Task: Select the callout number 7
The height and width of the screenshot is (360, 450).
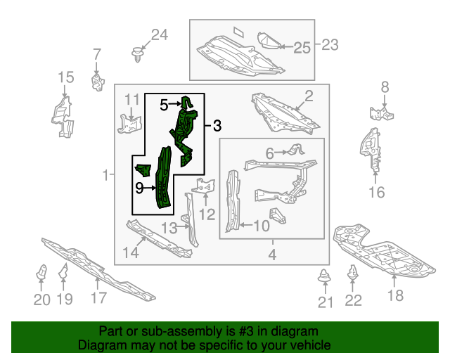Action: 97,53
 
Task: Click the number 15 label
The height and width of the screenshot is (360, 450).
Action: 65,77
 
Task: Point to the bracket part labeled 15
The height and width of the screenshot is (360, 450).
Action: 63,116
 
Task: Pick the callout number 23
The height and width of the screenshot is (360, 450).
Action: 330,45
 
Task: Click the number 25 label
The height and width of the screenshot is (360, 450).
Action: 302,47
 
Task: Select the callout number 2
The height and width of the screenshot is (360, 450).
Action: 309,96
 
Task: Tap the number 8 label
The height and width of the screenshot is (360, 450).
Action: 385,87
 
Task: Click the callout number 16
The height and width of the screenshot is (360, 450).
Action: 377,191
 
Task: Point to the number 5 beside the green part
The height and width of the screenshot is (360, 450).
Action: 164,105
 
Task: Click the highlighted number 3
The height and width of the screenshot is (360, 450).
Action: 217,127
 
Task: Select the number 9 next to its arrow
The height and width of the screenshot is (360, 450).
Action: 139,188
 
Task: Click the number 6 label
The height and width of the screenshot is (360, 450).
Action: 269,153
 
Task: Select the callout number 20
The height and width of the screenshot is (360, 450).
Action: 41,300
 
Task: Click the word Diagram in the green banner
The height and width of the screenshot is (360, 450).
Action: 98,346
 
